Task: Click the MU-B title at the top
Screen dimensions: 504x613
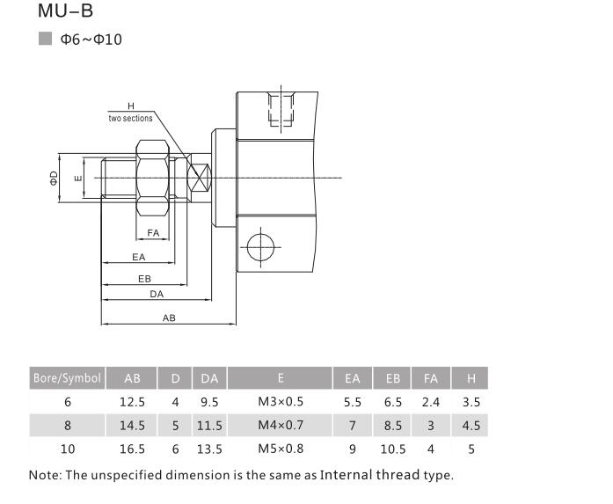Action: tap(65, 12)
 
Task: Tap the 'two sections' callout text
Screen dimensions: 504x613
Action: tap(130, 118)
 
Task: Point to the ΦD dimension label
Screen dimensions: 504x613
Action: tap(55, 179)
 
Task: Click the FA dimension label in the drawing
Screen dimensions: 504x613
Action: tap(153, 233)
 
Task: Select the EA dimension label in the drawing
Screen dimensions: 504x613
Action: tap(138, 257)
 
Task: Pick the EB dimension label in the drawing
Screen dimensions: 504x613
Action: tap(144, 278)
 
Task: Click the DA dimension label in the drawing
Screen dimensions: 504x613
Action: tap(157, 295)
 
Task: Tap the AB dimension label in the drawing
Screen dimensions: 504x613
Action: tap(169, 318)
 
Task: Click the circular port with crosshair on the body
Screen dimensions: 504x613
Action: tap(261, 246)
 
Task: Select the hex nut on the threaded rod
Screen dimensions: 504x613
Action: tap(154, 179)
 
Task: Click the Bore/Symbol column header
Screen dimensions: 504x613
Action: tap(67, 378)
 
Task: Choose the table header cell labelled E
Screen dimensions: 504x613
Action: tap(280, 378)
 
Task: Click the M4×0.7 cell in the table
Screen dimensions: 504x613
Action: tap(280, 425)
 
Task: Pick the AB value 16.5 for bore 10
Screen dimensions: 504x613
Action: tap(132, 449)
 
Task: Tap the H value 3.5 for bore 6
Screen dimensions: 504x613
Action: tap(471, 402)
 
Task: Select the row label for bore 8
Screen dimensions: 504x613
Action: tap(67, 425)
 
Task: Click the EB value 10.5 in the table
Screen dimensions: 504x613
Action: tap(392, 449)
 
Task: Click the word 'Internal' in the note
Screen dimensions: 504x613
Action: tap(351, 475)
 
